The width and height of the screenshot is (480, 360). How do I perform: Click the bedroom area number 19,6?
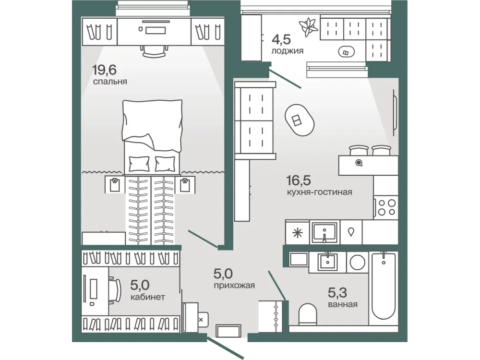click(x=104, y=70)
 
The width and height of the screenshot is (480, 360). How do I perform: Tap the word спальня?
click(x=110, y=82)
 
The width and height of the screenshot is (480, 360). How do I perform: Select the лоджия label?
click(x=287, y=51)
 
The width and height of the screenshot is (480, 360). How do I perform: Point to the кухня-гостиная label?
click(x=319, y=192)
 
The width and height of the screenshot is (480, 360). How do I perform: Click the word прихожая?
click(x=234, y=286)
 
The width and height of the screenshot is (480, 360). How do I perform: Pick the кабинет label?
click(x=148, y=297)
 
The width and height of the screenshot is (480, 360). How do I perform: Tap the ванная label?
click(x=343, y=304)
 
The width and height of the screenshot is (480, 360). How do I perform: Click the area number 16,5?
click(x=299, y=180)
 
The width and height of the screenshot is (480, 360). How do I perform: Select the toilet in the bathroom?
click(x=307, y=314)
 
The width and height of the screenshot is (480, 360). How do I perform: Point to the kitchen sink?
click(x=324, y=232)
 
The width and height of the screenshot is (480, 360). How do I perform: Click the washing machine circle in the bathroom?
click(x=357, y=263)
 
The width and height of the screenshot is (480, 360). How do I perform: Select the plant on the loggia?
click(x=308, y=27)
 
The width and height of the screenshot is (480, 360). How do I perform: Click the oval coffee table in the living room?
click(x=300, y=120)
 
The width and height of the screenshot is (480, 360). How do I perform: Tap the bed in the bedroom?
click(x=152, y=137)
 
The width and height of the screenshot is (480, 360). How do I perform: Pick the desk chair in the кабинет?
click(x=115, y=290)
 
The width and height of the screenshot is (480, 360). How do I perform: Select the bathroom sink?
click(x=327, y=263)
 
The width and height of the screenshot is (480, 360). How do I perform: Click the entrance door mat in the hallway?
click(x=228, y=331)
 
